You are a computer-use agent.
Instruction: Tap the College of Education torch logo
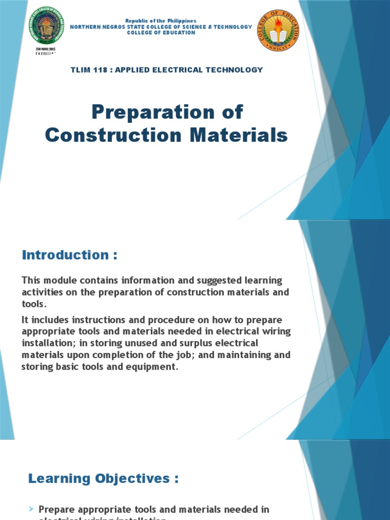tap(278, 30)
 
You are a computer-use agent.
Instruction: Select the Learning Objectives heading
tap(103, 478)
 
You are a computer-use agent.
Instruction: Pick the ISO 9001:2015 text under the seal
tap(45, 49)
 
